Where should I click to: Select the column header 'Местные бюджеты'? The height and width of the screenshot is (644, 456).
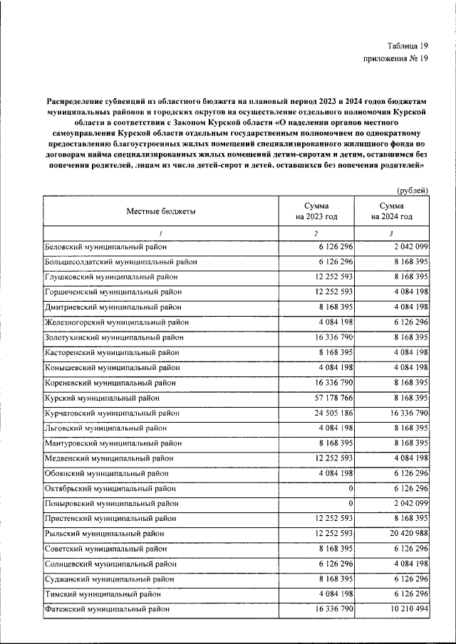pos(161,211)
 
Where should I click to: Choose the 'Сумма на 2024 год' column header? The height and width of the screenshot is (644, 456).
pos(391,211)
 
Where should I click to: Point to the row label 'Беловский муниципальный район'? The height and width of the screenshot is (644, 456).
pos(106,246)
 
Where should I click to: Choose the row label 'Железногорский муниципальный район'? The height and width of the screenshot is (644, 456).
pos(117,322)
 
